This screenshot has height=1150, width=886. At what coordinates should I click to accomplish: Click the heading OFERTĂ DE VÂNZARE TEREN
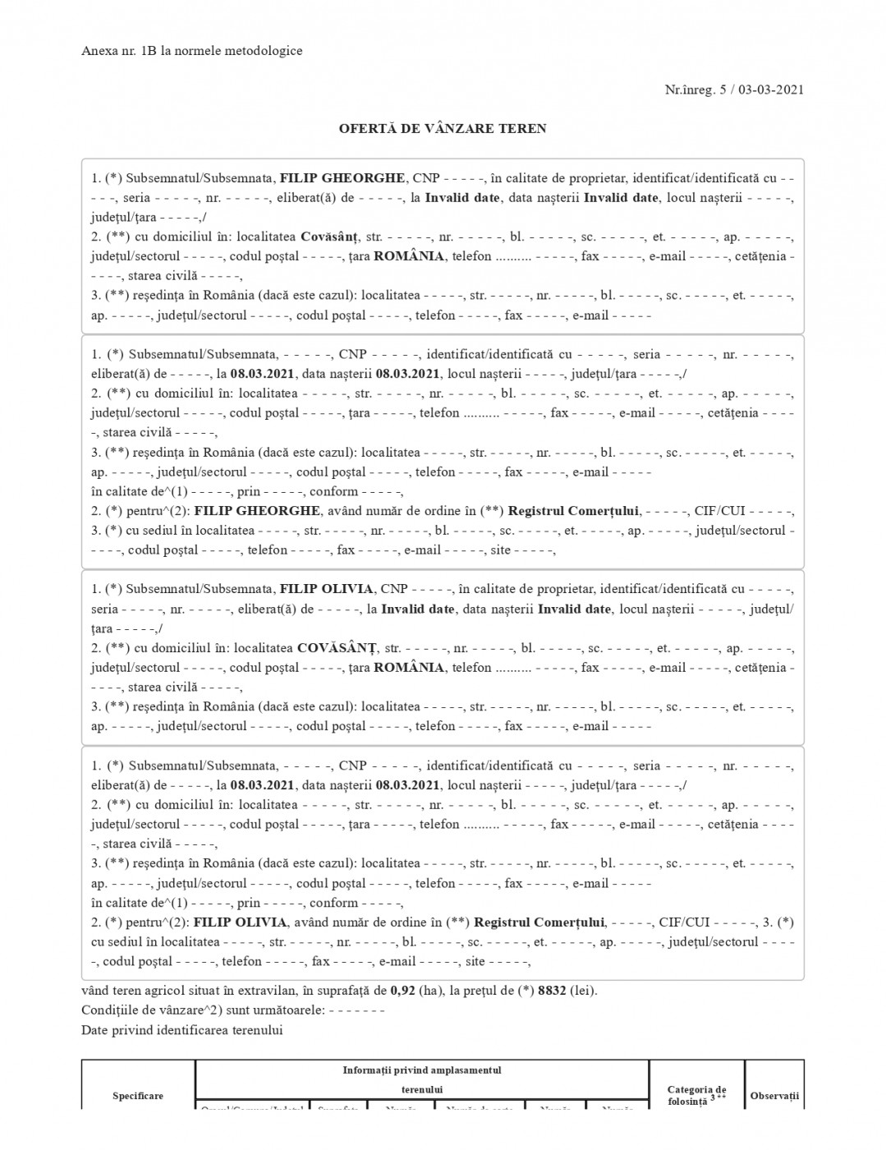coord(443,128)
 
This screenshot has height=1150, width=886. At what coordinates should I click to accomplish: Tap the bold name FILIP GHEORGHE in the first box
coord(342,178)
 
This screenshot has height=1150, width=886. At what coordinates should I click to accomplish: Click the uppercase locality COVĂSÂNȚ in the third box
coord(336,648)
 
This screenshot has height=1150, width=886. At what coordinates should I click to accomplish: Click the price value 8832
coord(552,991)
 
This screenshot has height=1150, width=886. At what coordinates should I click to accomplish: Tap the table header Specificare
coord(138,1096)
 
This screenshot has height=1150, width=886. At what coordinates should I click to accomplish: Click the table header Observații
coord(774,1096)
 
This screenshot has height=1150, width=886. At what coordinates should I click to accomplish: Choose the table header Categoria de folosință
coord(696,1095)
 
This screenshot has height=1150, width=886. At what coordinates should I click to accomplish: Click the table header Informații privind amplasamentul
coord(421,1070)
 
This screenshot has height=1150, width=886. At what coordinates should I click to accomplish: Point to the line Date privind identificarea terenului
coord(181,1030)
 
